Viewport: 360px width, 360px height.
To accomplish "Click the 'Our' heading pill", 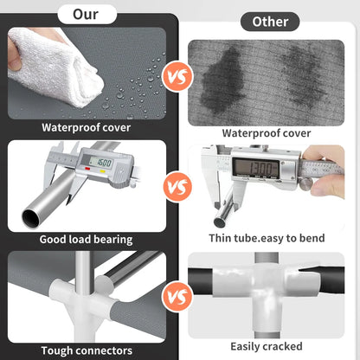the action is pos(87,14).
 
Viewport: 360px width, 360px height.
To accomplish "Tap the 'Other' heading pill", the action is pos(270,22).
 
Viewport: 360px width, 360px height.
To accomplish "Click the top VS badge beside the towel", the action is pos(177,76).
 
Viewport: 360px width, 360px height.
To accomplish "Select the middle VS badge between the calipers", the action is pos(177,187).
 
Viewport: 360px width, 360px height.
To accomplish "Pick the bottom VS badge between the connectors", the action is pos(177,296).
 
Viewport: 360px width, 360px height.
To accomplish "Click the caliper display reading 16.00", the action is pos(100,163).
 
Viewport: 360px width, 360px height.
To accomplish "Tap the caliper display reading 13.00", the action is pos(256,167).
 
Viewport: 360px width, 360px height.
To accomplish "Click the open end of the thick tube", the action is pos(31,218).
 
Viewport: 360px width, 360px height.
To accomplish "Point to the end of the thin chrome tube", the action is pos(220,222).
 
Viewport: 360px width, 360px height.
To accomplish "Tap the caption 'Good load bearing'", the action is pos(86,240).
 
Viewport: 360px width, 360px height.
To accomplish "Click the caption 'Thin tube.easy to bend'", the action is pos(267,238).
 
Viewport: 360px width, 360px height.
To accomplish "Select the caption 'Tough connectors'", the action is pos(87,350).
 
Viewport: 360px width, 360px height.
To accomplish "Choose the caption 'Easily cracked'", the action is pos(267,346).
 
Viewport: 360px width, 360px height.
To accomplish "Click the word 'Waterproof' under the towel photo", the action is pos(71,128).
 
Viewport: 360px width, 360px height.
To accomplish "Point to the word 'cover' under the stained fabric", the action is pos(297,133).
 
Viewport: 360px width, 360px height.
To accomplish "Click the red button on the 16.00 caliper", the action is pos(87,169).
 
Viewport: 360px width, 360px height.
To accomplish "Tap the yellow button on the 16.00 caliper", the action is pos(102,171).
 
